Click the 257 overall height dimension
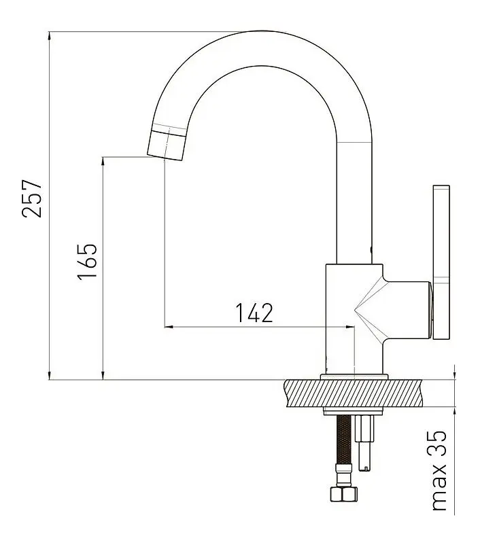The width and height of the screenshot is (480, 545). (x=33, y=198)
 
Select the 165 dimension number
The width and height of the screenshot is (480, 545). (x=87, y=261)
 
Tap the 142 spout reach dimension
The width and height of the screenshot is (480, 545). (x=254, y=313)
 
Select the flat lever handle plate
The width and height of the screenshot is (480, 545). (x=441, y=262)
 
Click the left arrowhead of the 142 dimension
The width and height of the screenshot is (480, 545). (x=169, y=327)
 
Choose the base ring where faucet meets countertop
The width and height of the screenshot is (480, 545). (x=354, y=376)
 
